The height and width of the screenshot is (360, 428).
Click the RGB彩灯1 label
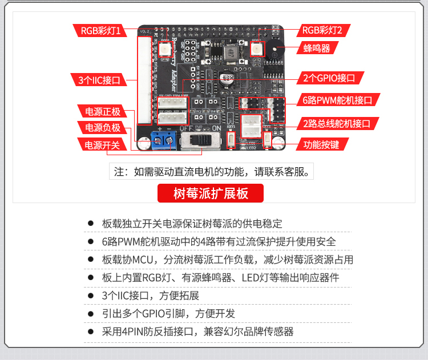click(x=100, y=30)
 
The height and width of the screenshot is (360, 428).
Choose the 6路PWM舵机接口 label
click(x=338, y=100)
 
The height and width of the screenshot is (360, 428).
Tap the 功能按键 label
click(x=321, y=144)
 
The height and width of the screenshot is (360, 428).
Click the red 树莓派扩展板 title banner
click(x=211, y=193)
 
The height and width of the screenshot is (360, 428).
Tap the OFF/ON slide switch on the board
click(x=200, y=140)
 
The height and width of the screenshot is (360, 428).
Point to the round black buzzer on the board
click(x=276, y=48)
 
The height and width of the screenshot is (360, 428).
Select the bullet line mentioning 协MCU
click(x=227, y=260)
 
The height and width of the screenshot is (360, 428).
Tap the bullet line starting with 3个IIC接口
click(x=150, y=296)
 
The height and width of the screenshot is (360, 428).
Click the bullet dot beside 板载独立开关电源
click(x=90, y=224)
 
